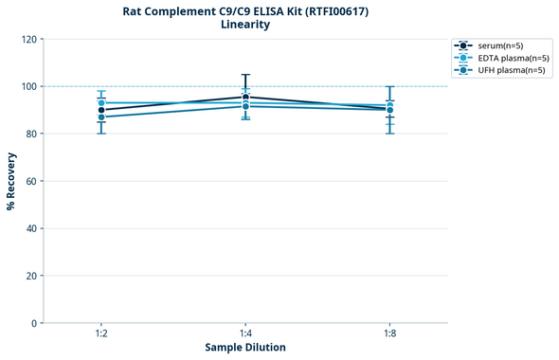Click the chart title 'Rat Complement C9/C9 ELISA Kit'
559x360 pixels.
pyautogui.click(x=244, y=11)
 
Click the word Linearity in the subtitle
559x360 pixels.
pyautogui.click(x=244, y=25)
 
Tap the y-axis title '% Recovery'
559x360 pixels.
pyautogui.click(x=11, y=181)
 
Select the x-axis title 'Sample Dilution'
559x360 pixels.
pyautogui.click(x=244, y=348)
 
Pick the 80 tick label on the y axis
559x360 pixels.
pyautogui.click(x=30, y=134)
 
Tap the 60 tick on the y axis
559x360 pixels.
pyautogui.click(x=30, y=181)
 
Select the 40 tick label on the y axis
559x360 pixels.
pyautogui.click(x=30, y=228)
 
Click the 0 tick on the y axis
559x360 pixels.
pyautogui.click(x=33, y=323)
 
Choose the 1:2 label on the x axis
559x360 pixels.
pyautogui.click(x=100, y=333)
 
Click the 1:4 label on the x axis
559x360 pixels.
pyautogui.click(x=245, y=333)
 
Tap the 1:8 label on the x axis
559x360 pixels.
pyautogui.click(x=389, y=333)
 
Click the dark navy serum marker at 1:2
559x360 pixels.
pyautogui.click(x=101, y=110)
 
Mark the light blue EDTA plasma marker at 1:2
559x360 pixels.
pyautogui.click(x=101, y=102)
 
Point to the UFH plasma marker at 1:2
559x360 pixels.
pyautogui.click(x=101, y=117)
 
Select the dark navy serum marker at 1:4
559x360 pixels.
pyautogui.click(x=245, y=97)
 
